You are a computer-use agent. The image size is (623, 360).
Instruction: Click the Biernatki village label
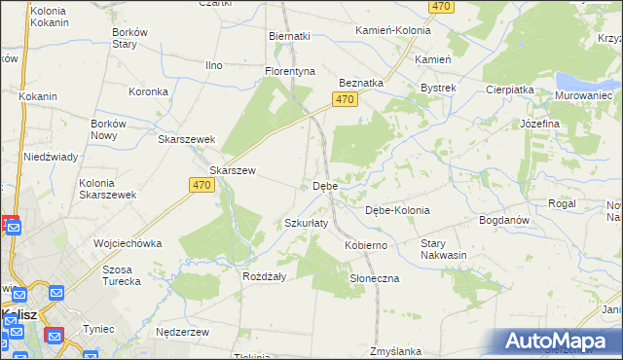coord(288,36)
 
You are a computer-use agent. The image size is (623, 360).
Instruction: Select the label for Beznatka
coord(360,84)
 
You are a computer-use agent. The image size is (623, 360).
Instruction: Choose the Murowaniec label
coord(582,95)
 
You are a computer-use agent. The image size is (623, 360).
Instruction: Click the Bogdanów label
coord(503,220)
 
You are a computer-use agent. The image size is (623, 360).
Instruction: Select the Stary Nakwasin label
coord(445,249)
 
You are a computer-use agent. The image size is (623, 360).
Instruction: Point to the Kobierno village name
coord(366,245)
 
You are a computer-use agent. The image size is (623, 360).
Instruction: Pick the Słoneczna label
coord(374,278)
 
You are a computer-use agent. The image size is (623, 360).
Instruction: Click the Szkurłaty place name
coord(306,223)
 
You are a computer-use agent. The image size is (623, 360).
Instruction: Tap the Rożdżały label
coord(263,276)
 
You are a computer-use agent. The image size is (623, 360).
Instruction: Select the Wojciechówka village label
coord(127,243)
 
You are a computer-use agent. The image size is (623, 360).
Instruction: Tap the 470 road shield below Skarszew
coord(202,186)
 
